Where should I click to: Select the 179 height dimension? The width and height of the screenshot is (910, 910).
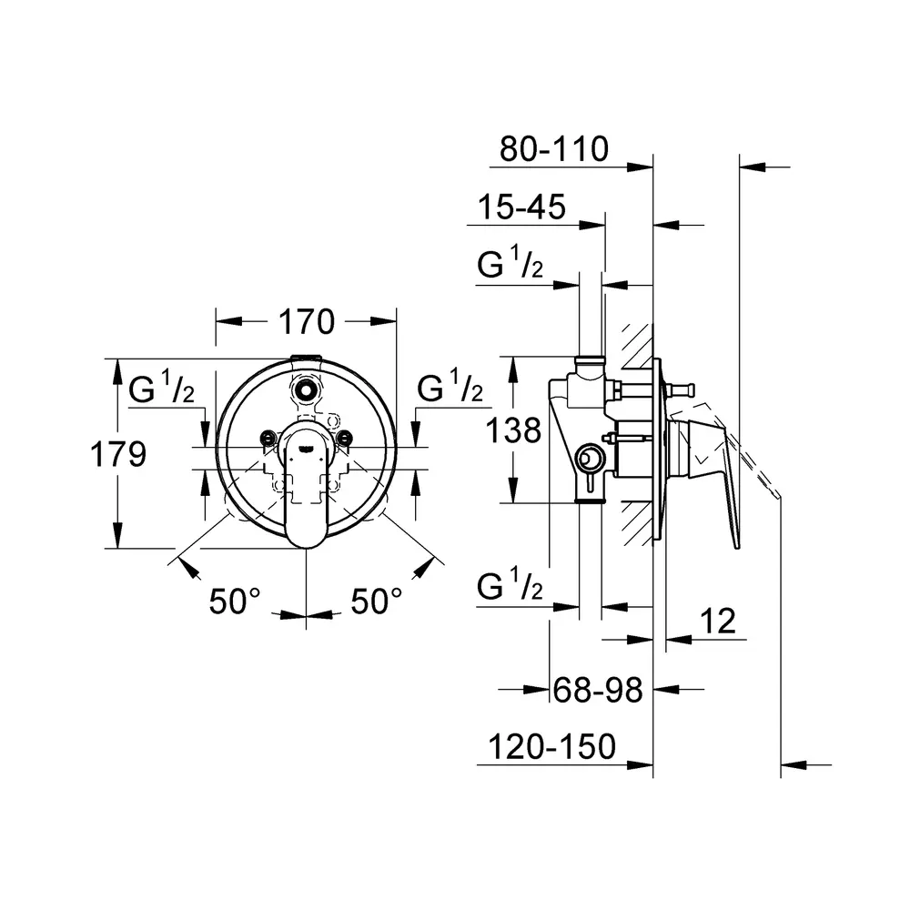point(118,454)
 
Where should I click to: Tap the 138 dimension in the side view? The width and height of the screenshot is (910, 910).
point(513,430)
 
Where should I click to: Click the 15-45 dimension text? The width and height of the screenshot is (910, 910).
point(521,207)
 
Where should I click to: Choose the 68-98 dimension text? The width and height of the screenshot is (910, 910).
point(598,690)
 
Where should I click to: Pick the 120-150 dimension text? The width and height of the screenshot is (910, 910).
point(552,746)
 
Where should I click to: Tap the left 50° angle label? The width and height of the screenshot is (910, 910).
point(235,602)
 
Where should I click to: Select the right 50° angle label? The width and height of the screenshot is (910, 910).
point(376,602)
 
